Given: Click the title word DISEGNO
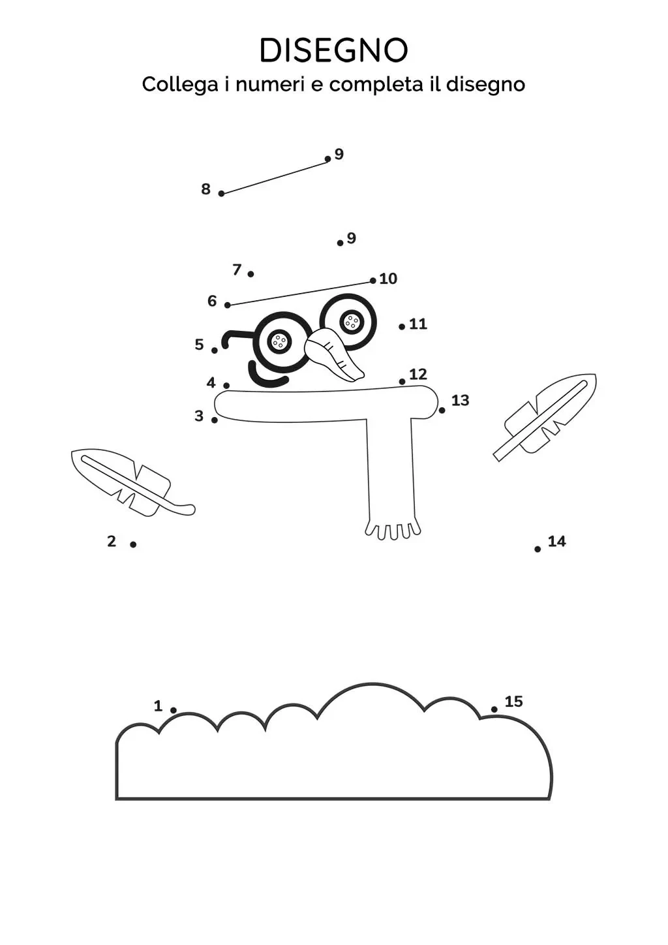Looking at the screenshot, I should pyautogui.click(x=333, y=50).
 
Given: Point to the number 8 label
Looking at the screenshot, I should pyautogui.click(x=206, y=189).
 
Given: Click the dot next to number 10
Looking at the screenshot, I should pyautogui.click(x=373, y=281).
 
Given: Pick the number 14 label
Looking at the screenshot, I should pyautogui.click(x=556, y=541).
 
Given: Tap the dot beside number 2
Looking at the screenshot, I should pyautogui.click(x=133, y=544).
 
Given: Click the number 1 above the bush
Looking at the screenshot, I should pyautogui.click(x=158, y=705).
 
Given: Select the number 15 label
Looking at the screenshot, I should pyautogui.click(x=513, y=702).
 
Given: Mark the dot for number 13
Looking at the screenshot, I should pyautogui.click(x=442, y=411).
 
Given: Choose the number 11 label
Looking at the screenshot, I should pyautogui.click(x=417, y=324).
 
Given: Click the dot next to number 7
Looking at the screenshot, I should pyautogui.click(x=251, y=274).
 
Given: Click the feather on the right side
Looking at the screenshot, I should pyautogui.click(x=549, y=414).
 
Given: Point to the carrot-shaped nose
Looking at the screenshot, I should pyautogui.click(x=335, y=355).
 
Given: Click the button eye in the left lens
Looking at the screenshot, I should pyautogui.click(x=279, y=341).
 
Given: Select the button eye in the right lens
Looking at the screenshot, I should pyautogui.click(x=352, y=321).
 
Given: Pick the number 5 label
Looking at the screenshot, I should pyautogui.click(x=199, y=345).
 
